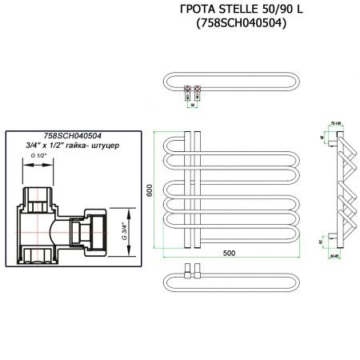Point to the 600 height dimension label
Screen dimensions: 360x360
148,192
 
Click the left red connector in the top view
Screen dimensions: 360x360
187,89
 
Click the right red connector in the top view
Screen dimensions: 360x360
198,89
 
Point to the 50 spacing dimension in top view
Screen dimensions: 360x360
193,102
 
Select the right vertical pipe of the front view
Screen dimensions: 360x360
198,192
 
